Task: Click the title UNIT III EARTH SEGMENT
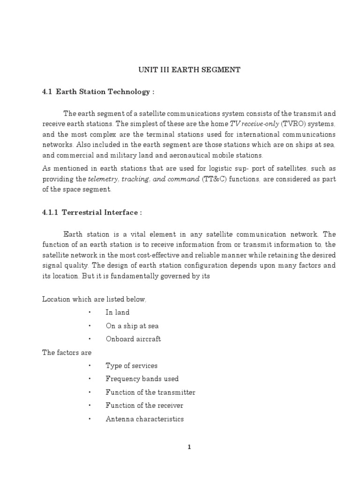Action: (x=188, y=70)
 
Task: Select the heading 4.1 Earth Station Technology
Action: (x=98, y=91)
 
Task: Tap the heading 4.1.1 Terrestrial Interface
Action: (x=92, y=212)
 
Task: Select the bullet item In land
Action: (x=117, y=312)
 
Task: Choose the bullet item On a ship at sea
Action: (x=129, y=325)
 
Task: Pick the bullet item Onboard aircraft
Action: (x=133, y=339)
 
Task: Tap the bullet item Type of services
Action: (x=131, y=366)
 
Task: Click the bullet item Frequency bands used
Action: (x=142, y=379)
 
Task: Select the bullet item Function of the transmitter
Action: (x=150, y=392)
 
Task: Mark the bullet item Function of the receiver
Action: (x=144, y=405)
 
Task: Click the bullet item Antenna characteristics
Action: (x=144, y=419)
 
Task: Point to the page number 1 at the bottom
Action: (x=189, y=447)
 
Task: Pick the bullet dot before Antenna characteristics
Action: (x=89, y=419)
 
